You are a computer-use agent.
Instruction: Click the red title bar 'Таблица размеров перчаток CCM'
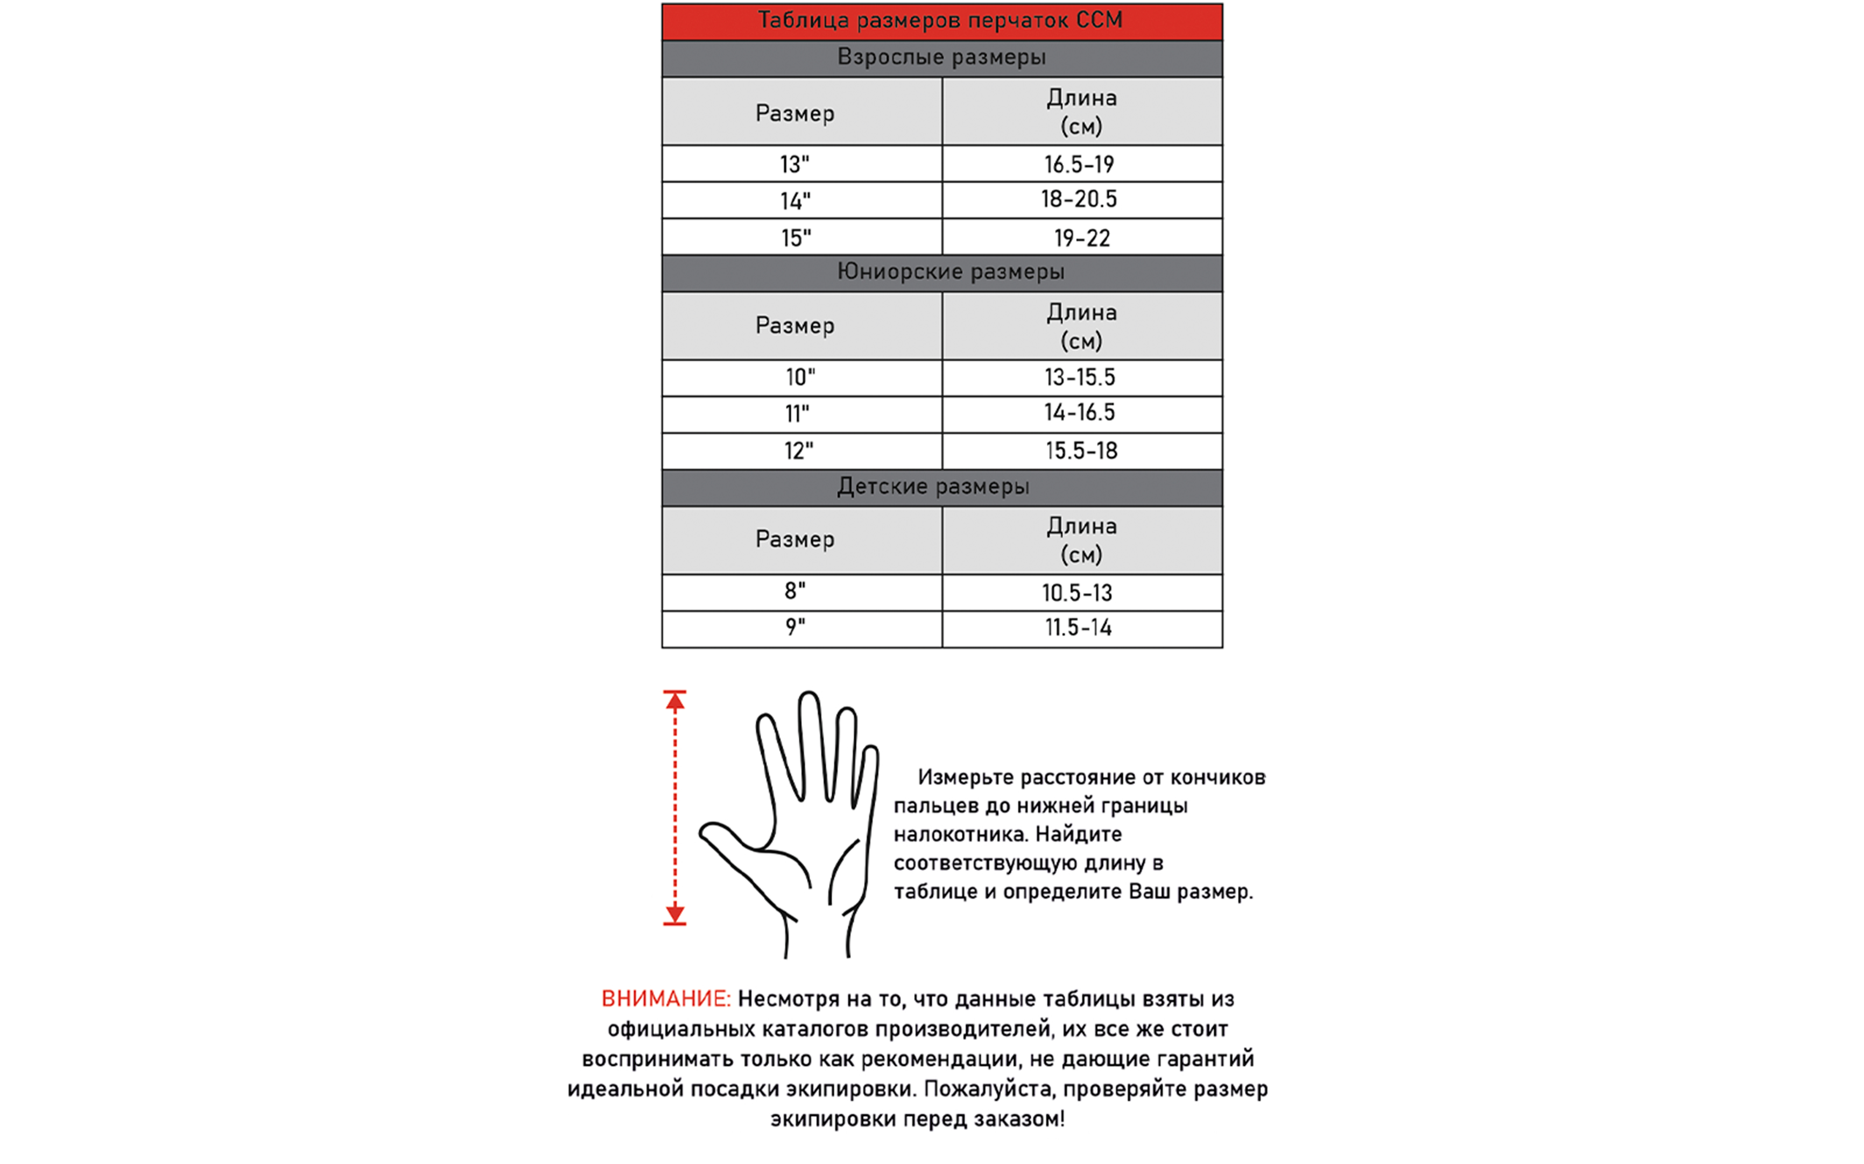coord(941,21)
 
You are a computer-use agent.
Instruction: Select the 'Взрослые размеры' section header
coord(941,58)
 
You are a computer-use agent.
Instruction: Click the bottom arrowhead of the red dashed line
coord(675,915)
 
